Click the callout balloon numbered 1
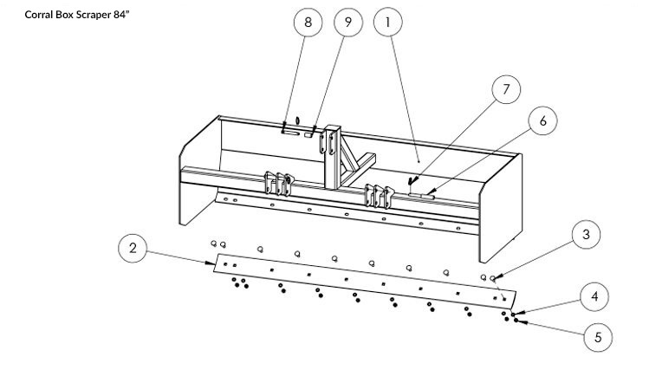pos(387,23)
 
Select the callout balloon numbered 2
pos(133,250)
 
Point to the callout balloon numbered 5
pos(596,335)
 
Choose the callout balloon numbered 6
pos(542,121)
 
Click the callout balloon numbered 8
pos(308,23)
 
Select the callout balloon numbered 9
pos(347,23)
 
